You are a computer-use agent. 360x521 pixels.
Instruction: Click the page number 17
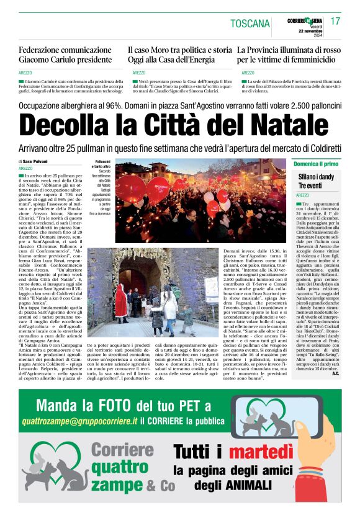point(336,22)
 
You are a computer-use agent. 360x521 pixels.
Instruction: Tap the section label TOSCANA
point(250,24)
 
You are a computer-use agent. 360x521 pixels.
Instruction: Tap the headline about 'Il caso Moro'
point(179,55)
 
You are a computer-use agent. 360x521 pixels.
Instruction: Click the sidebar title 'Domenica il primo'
point(316,164)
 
